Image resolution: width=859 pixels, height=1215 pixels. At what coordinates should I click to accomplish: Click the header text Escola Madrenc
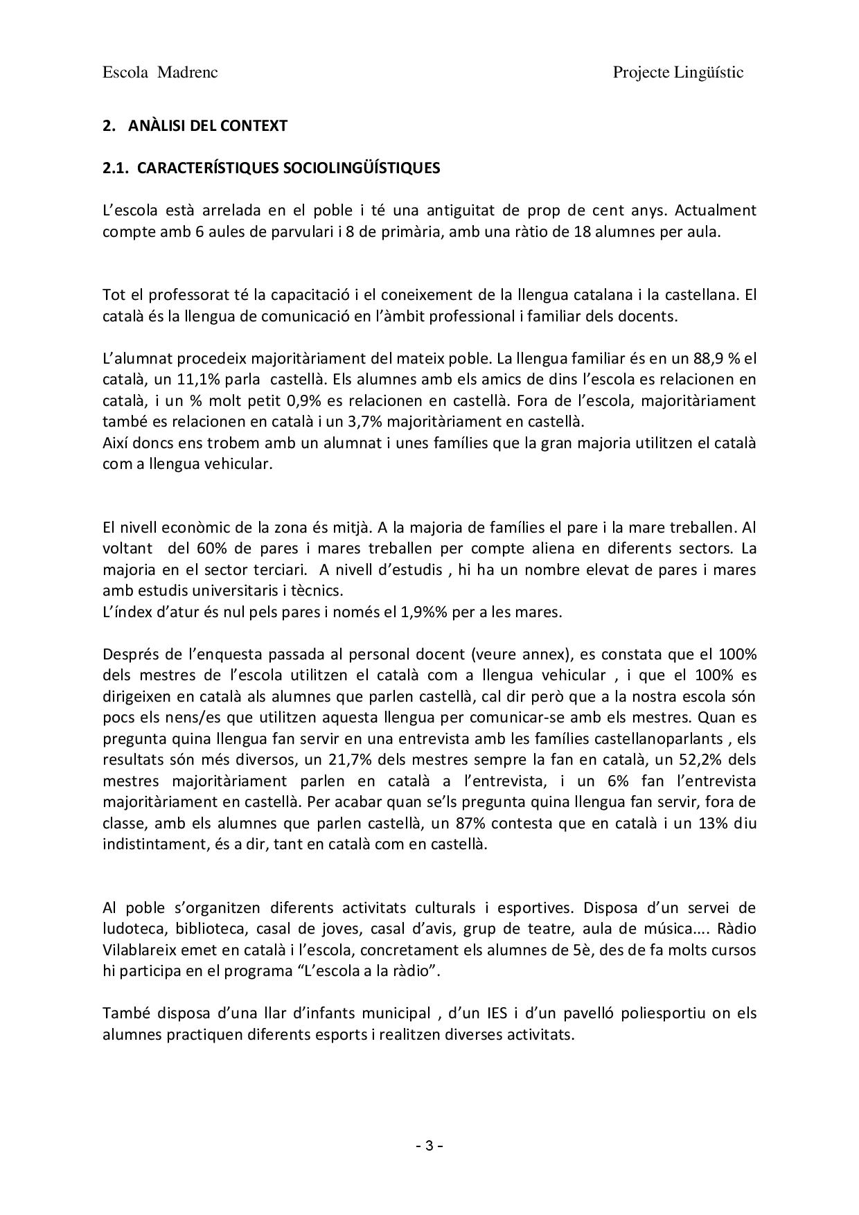pos(160,73)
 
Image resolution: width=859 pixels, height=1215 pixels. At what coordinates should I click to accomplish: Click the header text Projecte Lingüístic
pos(678,73)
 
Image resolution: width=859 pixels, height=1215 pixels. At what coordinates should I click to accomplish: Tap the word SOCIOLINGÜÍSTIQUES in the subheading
pos(362,168)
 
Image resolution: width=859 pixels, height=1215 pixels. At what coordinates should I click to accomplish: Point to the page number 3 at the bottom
pos(429,1146)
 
